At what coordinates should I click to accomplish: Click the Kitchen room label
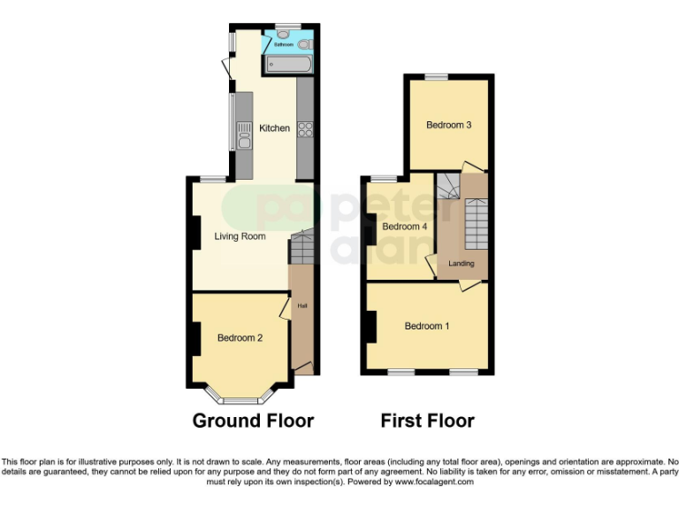(x=274, y=128)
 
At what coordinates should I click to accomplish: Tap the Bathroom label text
(x=283, y=43)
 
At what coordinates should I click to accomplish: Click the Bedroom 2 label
(x=240, y=337)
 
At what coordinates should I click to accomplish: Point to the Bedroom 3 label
(x=448, y=126)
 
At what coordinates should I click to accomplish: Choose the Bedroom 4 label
(x=405, y=227)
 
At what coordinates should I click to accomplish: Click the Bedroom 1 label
(x=427, y=327)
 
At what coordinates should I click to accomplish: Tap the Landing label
(x=461, y=263)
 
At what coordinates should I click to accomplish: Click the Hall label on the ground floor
(x=301, y=306)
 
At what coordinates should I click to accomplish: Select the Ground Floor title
(x=253, y=421)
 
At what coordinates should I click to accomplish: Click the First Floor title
(x=427, y=421)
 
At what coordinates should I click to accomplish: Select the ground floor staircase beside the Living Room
(x=301, y=248)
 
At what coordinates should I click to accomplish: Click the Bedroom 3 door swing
(x=473, y=166)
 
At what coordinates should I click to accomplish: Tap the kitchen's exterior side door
(x=228, y=66)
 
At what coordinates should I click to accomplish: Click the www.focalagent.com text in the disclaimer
(x=435, y=483)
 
